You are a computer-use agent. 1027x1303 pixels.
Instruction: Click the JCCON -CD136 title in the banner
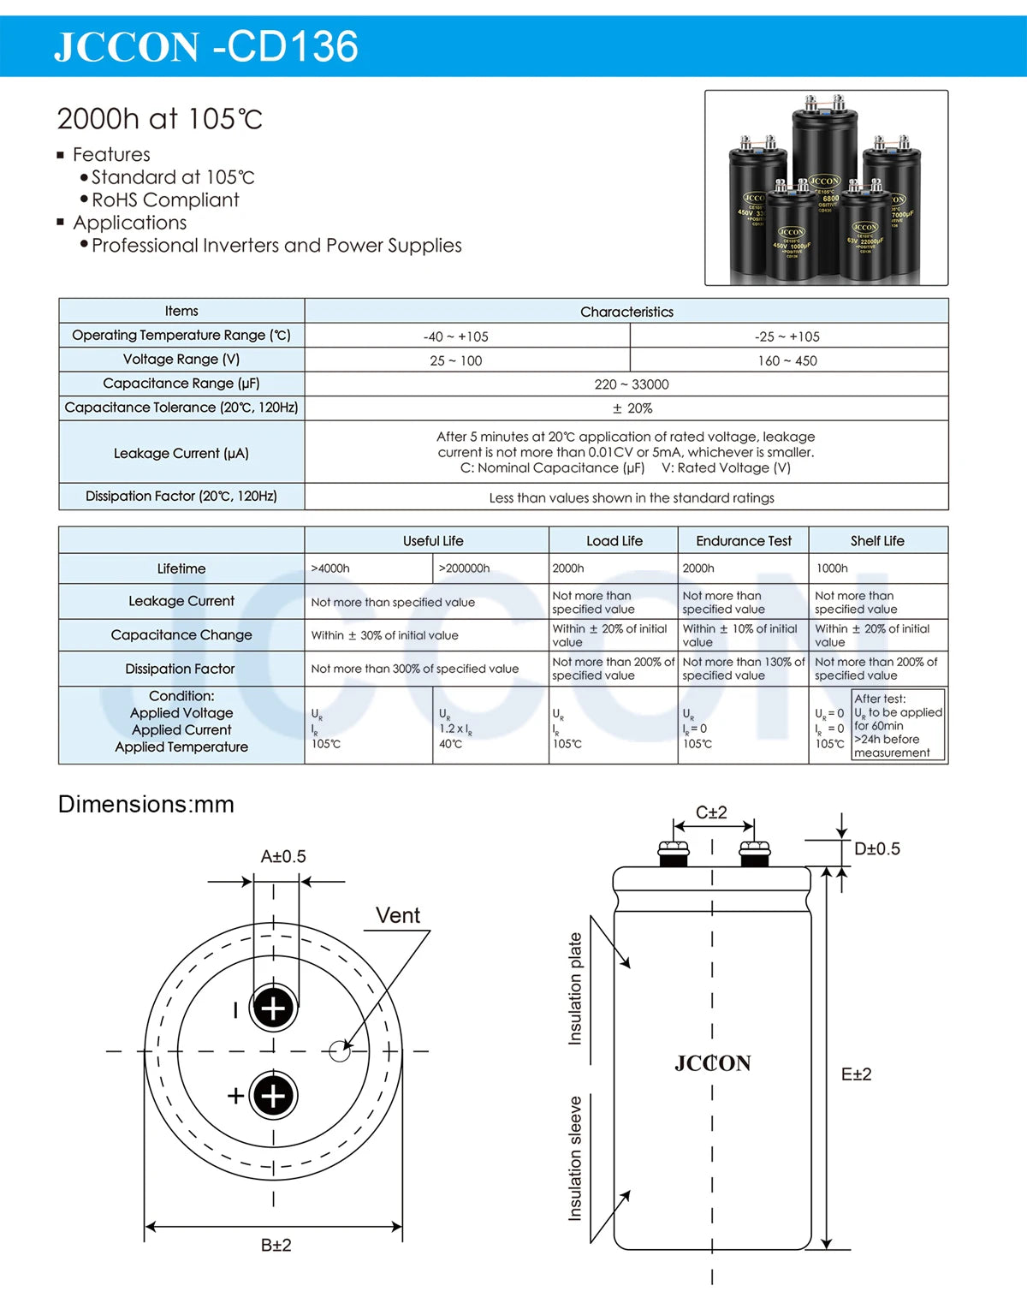pyautogui.click(x=205, y=46)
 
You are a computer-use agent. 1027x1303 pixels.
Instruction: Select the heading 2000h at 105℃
pyautogui.click(x=159, y=119)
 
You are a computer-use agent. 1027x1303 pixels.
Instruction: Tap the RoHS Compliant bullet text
pyautogui.click(x=165, y=199)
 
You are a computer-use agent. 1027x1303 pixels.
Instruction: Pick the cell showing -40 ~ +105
pyautogui.click(x=456, y=336)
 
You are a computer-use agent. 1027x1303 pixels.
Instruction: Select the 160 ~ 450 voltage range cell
pyautogui.click(x=787, y=360)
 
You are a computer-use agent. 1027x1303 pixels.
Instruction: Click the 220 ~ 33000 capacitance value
pyautogui.click(x=632, y=384)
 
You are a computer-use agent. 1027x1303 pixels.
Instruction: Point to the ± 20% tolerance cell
pyautogui.click(x=632, y=408)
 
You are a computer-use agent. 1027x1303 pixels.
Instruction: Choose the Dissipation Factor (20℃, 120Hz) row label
pyautogui.click(x=181, y=496)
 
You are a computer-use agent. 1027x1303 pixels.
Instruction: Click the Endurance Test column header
pyautogui.click(x=744, y=541)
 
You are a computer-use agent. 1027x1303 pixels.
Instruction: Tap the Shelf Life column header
pyautogui.click(x=877, y=541)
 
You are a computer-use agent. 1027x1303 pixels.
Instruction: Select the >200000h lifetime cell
pyautogui.click(x=464, y=568)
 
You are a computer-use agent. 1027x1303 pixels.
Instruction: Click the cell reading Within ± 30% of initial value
pyautogui.click(x=384, y=635)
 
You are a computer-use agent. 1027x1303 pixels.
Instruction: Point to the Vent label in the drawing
pyautogui.click(x=398, y=915)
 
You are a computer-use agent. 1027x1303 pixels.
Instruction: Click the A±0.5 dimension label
pyautogui.click(x=283, y=856)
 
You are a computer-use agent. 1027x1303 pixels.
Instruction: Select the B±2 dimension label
pyautogui.click(x=276, y=1245)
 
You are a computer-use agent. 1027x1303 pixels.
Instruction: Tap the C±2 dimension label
pyautogui.click(x=711, y=812)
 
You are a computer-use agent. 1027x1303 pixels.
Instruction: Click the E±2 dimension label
pyautogui.click(x=856, y=1074)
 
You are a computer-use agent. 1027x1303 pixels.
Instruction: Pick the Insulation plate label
pyautogui.click(x=575, y=989)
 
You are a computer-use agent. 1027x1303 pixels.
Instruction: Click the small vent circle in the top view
pyautogui.click(x=340, y=1050)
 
